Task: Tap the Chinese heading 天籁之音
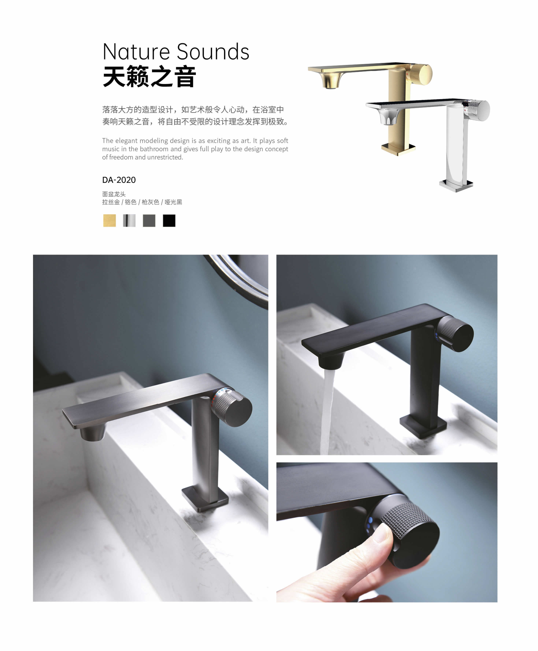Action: [149, 76]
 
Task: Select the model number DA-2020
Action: [119, 180]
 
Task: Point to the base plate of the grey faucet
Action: [205, 498]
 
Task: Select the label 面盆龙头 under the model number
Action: [114, 194]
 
